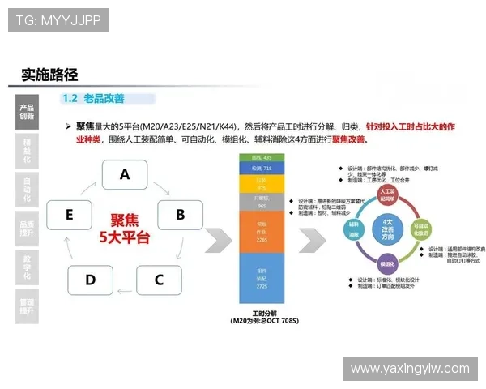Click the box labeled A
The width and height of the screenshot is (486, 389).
pyautogui.click(x=124, y=174)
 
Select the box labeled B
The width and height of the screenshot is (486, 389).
pyautogui.click(x=180, y=215)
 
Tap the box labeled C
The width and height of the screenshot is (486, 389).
pyautogui.click(x=159, y=280)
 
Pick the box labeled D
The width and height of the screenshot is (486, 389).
pyautogui.click(x=90, y=280)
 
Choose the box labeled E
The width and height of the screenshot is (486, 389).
pyautogui.click(x=69, y=215)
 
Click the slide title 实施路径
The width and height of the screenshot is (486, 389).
pyautogui.click(x=50, y=75)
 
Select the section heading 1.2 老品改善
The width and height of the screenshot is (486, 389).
pyautogui.click(x=93, y=98)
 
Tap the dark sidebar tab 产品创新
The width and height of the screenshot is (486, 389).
pyautogui.click(x=27, y=111)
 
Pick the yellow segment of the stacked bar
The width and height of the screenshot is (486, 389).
pyautogui.click(x=261, y=184)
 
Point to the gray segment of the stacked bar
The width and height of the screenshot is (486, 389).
pyautogui.click(x=261, y=202)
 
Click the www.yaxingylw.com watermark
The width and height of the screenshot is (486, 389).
pyautogui.click(x=409, y=369)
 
